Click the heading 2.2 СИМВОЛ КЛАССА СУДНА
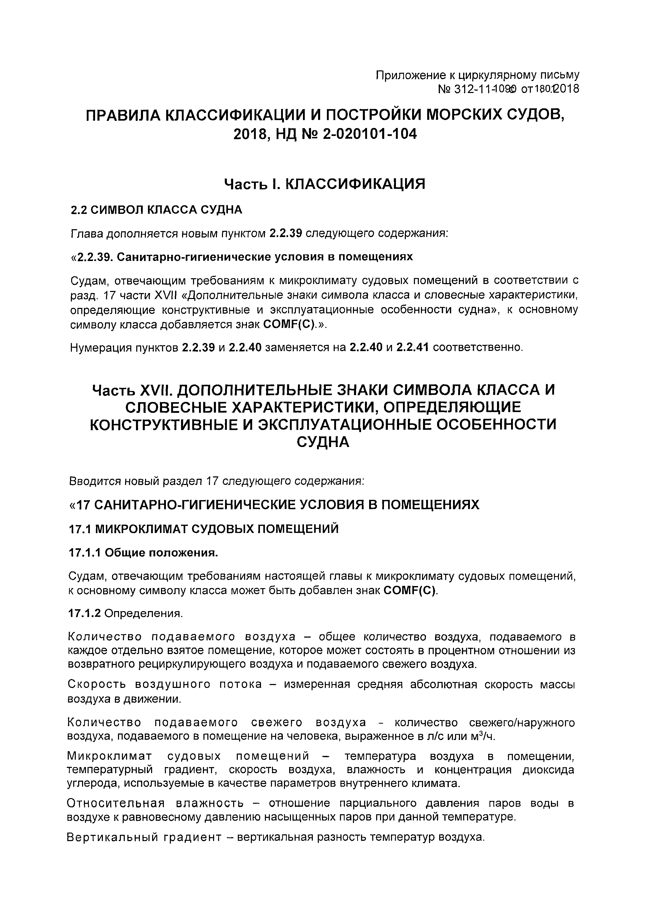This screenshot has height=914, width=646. [x=156, y=210]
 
